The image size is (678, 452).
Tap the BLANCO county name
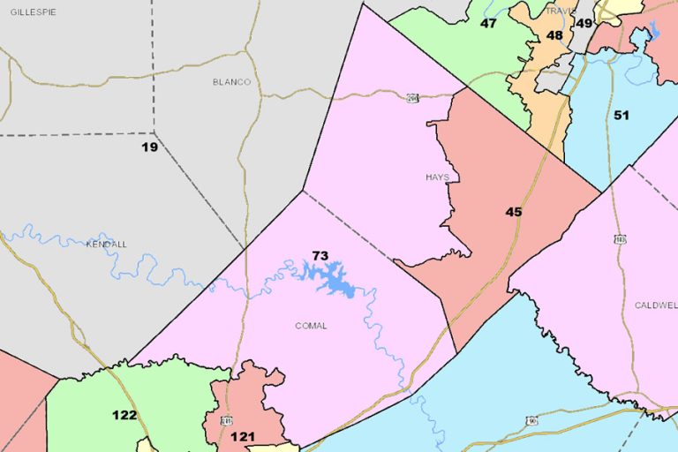231,82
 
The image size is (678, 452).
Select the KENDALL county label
107,244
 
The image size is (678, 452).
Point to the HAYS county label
437,177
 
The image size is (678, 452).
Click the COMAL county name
311,326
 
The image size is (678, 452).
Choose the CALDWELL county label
656,305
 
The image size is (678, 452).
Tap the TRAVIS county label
560,11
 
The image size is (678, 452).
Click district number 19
150,147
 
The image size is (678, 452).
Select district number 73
320,256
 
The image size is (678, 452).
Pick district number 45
514,212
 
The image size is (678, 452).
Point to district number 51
621,116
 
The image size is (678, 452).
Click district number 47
488,23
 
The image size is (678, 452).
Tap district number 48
554,35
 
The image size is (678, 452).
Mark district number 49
584,23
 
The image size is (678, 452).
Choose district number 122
124,415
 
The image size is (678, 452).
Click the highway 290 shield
412,97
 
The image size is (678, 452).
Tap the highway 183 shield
621,239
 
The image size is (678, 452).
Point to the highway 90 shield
532,421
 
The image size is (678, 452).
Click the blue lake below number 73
328,279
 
